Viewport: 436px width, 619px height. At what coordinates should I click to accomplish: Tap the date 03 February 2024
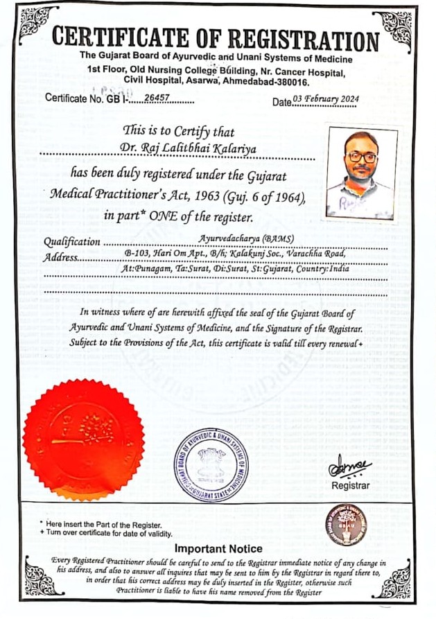click(x=326, y=100)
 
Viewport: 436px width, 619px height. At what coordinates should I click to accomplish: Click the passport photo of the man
click(x=361, y=173)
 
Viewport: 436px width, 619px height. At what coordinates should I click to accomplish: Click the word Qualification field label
click(x=71, y=242)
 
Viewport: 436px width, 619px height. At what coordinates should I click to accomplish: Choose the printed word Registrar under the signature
click(x=351, y=486)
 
